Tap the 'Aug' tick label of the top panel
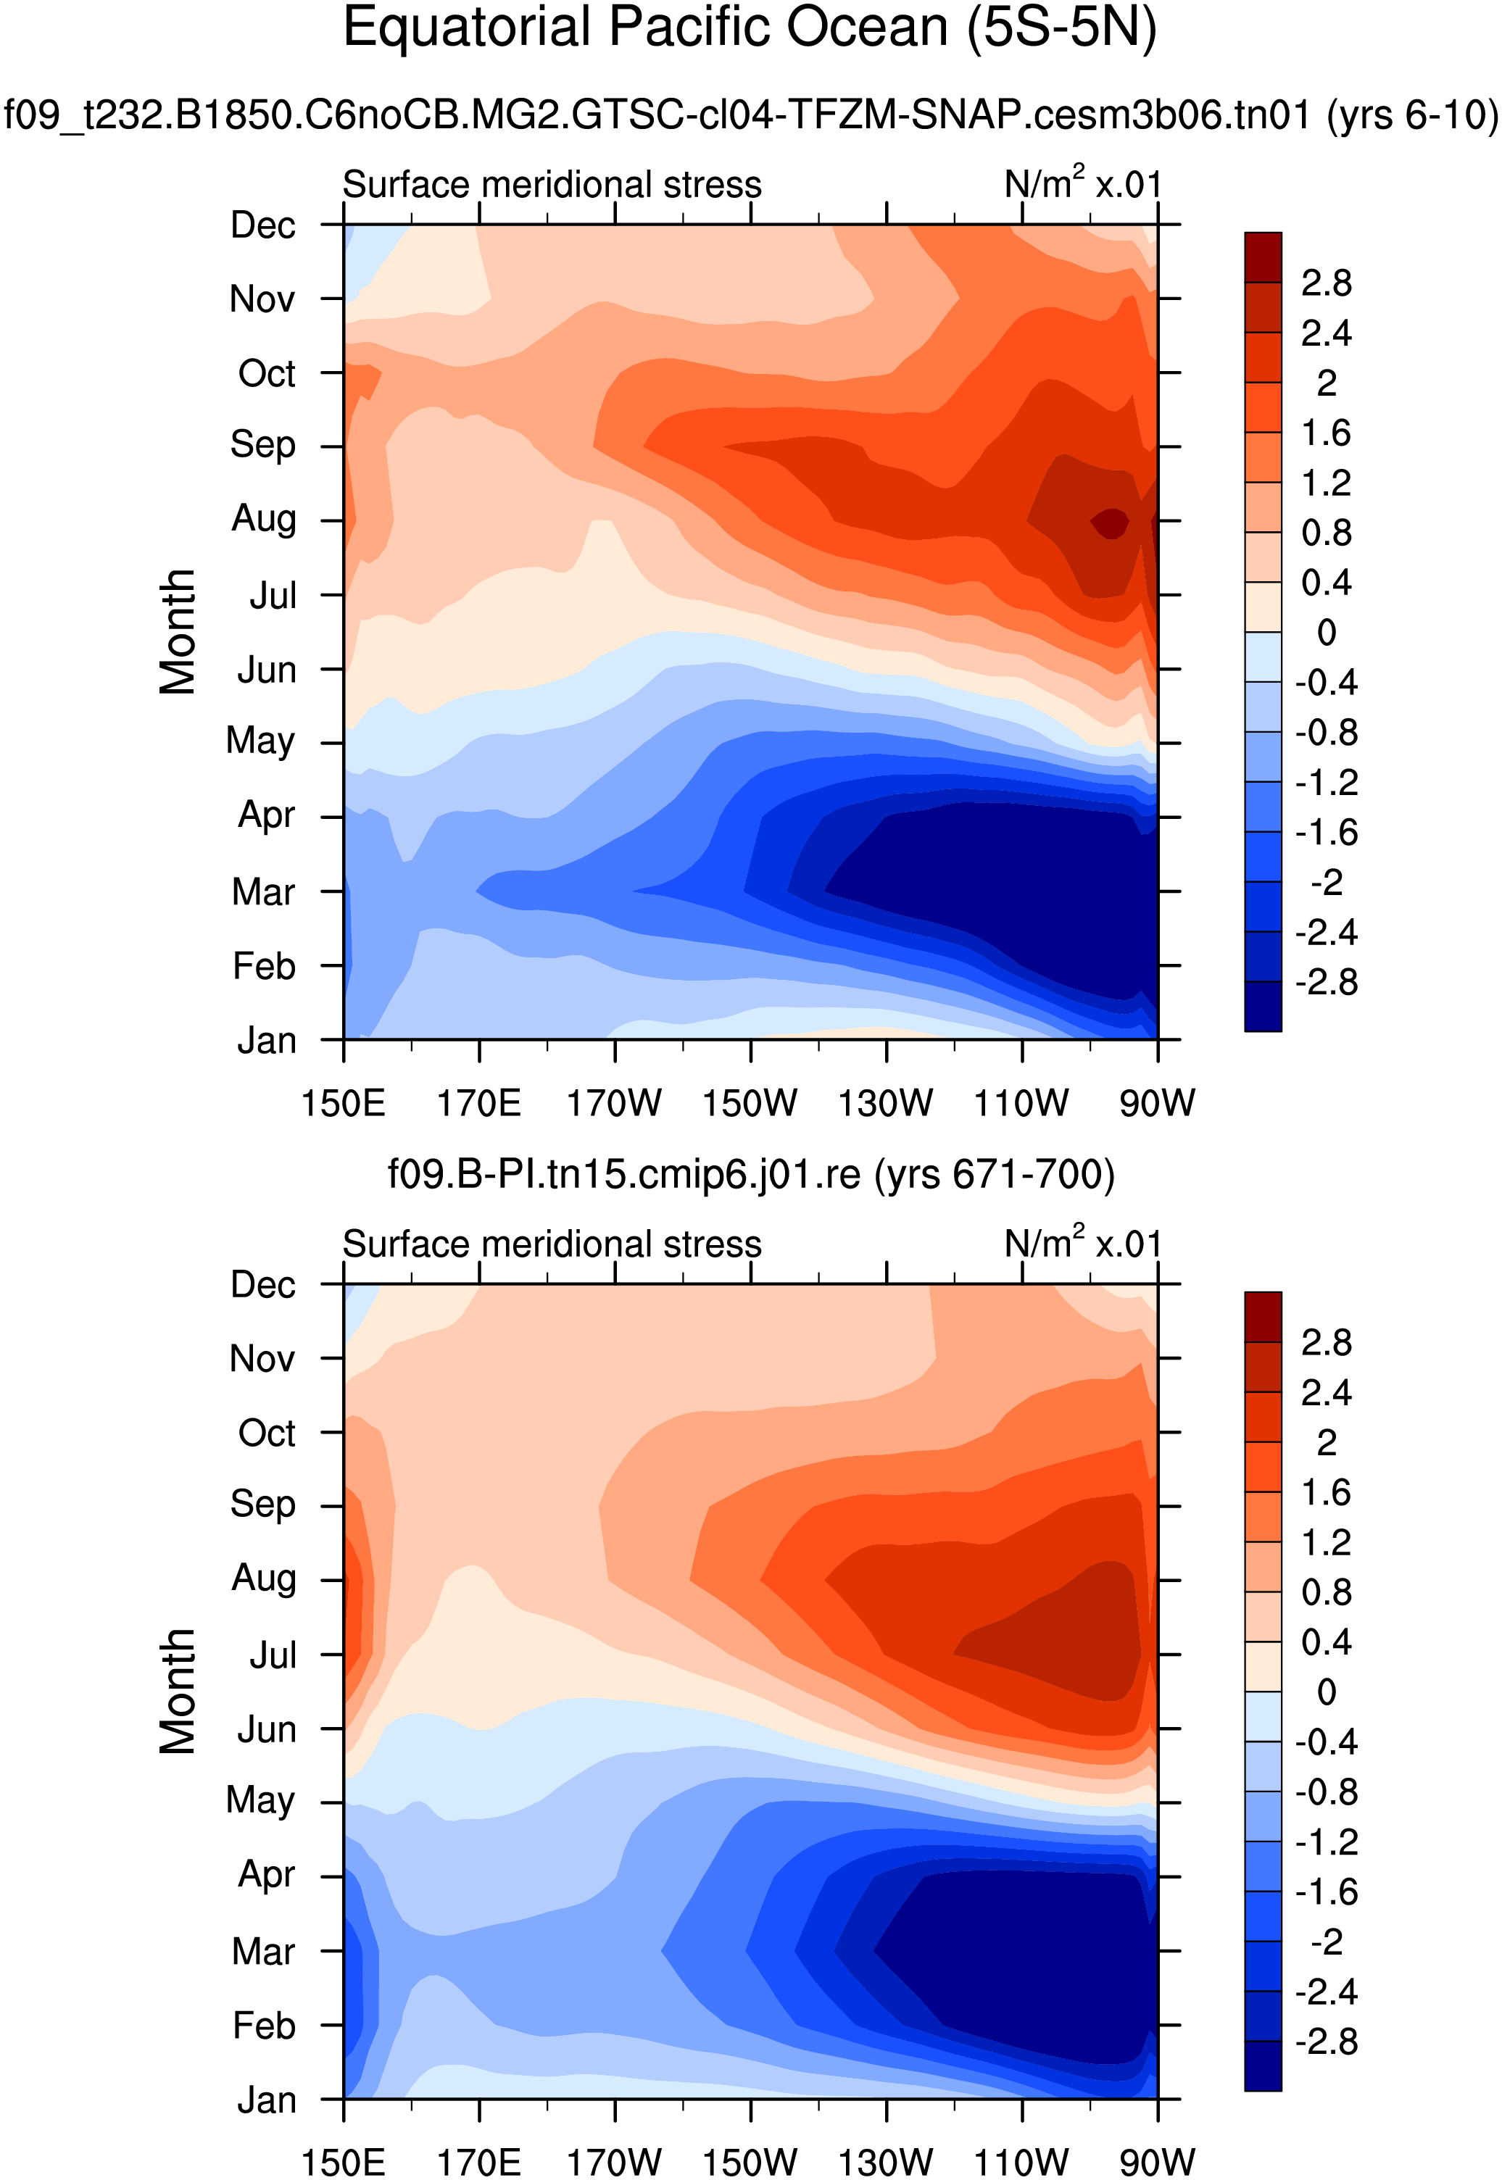(x=264, y=518)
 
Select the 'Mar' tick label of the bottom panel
(x=264, y=1952)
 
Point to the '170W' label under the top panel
(x=613, y=1103)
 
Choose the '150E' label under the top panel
(x=343, y=1103)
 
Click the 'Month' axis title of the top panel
(x=177, y=631)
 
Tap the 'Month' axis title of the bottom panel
(x=177, y=1691)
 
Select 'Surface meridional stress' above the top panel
(x=552, y=184)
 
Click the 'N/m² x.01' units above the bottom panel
(x=1082, y=1243)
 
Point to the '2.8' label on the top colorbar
(x=1325, y=283)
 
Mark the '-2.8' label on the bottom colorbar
(x=1325, y=2042)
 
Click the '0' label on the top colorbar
(x=1325, y=632)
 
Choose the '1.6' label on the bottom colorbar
(x=1325, y=1492)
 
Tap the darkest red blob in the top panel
(x=1111, y=523)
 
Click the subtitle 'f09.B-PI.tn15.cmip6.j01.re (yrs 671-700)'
(x=751, y=1174)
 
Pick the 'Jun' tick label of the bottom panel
(x=266, y=1729)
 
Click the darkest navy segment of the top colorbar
(x=1262, y=1006)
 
